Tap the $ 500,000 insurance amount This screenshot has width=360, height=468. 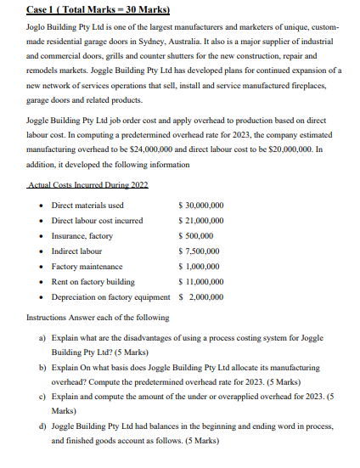(x=190, y=236)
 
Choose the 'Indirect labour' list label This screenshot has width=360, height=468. (x=76, y=251)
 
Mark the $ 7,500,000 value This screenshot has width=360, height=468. (x=194, y=251)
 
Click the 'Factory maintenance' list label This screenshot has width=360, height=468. (x=87, y=267)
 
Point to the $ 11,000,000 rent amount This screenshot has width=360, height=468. (x=196, y=282)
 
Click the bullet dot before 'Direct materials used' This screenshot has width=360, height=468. (x=42, y=206)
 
